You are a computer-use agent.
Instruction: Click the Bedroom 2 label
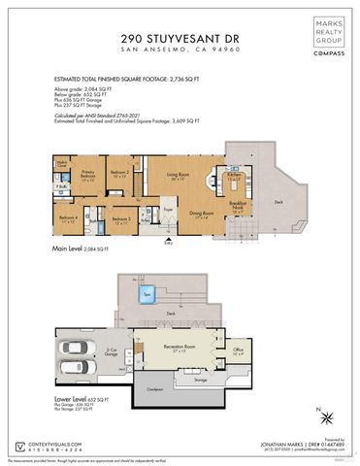(x=119, y=174)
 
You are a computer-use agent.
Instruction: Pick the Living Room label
(x=177, y=177)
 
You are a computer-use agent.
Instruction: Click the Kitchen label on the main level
(x=234, y=176)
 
